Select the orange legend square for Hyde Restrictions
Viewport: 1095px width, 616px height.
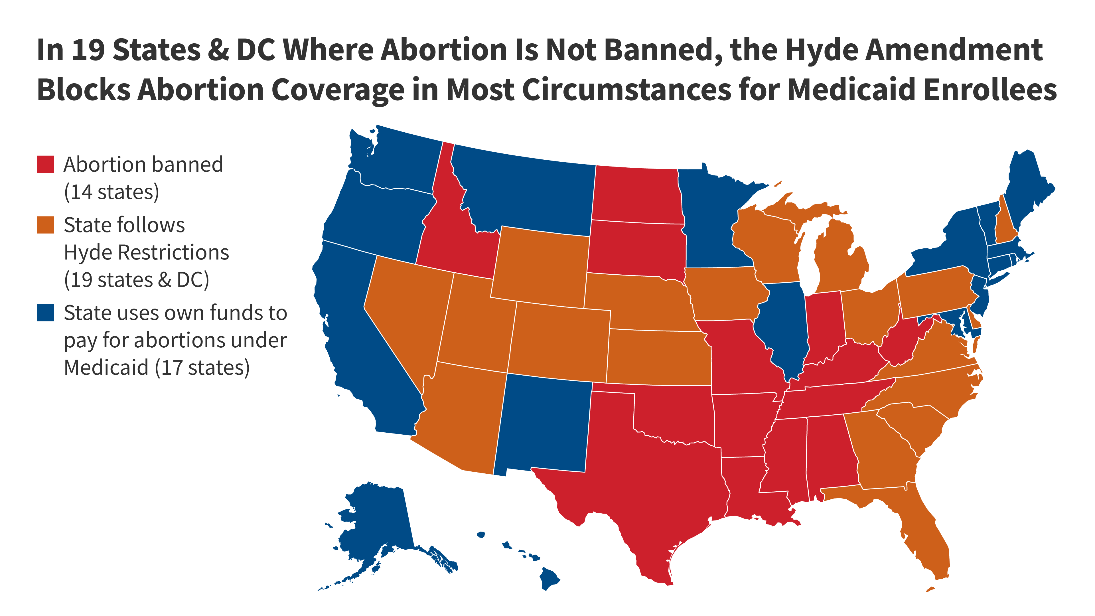coord(46,225)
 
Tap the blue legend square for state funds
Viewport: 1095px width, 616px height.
coord(46,313)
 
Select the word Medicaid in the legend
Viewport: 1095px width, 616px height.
coord(106,368)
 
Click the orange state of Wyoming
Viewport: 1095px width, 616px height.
coord(540,268)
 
